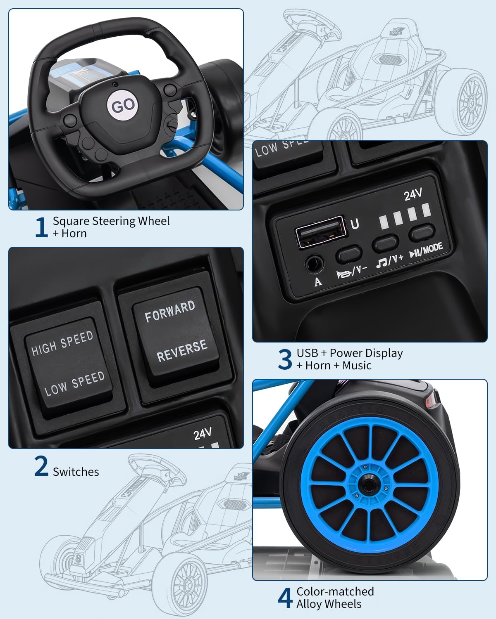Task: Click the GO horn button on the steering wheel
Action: point(123,106)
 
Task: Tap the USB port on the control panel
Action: point(320,232)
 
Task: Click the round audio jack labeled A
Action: point(314,263)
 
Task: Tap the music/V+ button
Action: point(385,243)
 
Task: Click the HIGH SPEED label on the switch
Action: point(62,343)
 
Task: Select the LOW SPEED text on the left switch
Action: point(74,383)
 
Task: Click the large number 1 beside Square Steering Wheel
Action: point(41,227)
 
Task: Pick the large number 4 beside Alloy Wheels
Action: point(285,598)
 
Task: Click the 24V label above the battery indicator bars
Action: point(413,194)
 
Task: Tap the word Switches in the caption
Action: point(76,472)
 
